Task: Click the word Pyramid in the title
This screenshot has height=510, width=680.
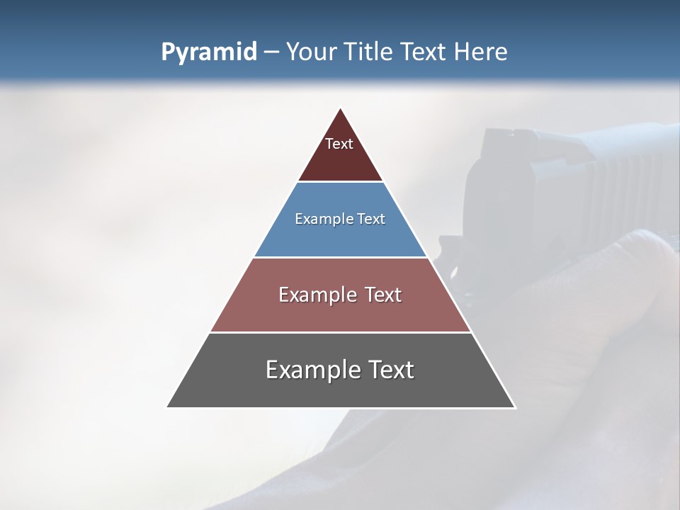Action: click(x=209, y=52)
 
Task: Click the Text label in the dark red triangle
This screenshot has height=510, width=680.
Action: click(x=339, y=144)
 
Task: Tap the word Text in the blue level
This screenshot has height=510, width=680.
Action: click(x=369, y=220)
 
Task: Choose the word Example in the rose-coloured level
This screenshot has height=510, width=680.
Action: click(x=312, y=295)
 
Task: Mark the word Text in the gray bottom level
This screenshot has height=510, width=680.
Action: click(x=389, y=370)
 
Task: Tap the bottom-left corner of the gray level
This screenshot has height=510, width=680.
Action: click(x=169, y=407)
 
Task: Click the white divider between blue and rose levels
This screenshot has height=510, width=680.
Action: click(x=341, y=257)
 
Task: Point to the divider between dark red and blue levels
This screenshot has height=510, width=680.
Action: click(x=341, y=182)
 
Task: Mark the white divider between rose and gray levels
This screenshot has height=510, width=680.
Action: click(x=341, y=332)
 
